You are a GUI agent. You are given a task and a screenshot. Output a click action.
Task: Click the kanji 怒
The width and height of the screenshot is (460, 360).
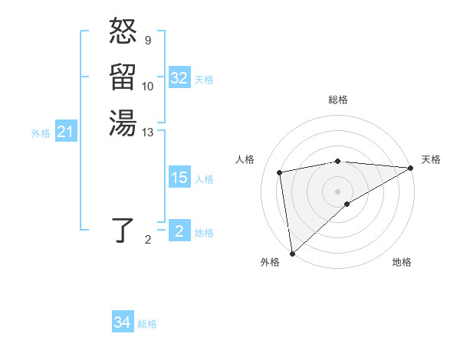point(123,32)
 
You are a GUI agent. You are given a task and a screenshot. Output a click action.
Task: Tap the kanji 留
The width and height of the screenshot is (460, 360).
point(123,77)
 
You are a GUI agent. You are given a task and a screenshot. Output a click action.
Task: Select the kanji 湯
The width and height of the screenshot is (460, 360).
point(123,122)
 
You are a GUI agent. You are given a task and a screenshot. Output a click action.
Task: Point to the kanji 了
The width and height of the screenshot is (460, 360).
point(123,230)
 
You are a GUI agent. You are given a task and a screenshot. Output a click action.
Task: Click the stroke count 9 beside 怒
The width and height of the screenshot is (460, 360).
point(147,40)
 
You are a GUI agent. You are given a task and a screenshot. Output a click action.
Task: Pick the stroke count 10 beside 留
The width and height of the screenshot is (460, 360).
point(148,86)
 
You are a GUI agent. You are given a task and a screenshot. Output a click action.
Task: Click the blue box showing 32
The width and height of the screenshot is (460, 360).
point(179,78)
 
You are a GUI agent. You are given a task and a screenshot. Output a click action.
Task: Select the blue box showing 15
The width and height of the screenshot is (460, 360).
point(179,178)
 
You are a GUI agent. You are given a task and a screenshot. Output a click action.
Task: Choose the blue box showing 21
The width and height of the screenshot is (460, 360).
point(66,133)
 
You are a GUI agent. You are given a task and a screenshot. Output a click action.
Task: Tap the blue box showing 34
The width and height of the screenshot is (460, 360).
point(123,322)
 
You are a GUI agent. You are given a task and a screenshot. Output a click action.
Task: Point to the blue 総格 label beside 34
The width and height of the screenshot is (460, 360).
point(147,324)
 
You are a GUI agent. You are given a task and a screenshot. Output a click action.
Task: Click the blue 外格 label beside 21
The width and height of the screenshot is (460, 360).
point(41,133)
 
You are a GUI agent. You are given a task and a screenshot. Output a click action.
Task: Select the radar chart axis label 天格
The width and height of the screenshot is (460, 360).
point(431,159)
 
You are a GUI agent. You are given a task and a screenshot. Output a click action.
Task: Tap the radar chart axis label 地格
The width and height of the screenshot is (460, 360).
point(402,262)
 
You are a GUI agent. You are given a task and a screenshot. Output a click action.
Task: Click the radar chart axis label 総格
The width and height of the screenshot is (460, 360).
point(338,100)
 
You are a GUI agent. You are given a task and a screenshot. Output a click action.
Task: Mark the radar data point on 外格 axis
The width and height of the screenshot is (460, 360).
point(292,253)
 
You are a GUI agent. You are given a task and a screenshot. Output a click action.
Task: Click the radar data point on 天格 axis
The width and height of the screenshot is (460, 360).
point(411,168)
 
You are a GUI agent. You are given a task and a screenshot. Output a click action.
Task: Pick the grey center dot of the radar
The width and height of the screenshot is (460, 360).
point(338,191)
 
